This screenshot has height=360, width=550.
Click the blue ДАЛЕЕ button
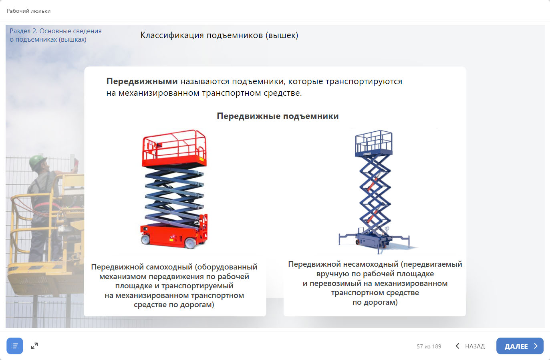click(x=520, y=346)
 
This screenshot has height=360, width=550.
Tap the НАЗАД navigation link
click(x=470, y=346)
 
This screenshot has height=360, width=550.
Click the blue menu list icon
click(x=15, y=346)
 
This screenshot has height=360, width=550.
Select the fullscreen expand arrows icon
click(x=34, y=346)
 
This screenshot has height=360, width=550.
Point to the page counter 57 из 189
click(x=429, y=346)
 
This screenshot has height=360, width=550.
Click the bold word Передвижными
click(x=142, y=81)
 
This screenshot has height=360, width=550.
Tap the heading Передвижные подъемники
click(x=278, y=116)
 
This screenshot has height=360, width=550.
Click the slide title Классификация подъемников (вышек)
click(x=219, y=35)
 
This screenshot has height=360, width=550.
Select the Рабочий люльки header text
click(x=28, y=11)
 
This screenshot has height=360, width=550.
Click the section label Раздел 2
click(x=24, y=31)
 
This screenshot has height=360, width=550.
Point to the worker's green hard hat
click(x=37, y=162)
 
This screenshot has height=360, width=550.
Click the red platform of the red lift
click(x=174, y=149)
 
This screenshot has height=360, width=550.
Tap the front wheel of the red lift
click(x=190, y=243)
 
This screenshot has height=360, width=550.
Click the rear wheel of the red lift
click(x=145, y=239)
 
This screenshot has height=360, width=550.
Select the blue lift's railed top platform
click(x=373, y=143)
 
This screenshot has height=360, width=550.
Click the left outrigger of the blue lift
click(x=347, y=238)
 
